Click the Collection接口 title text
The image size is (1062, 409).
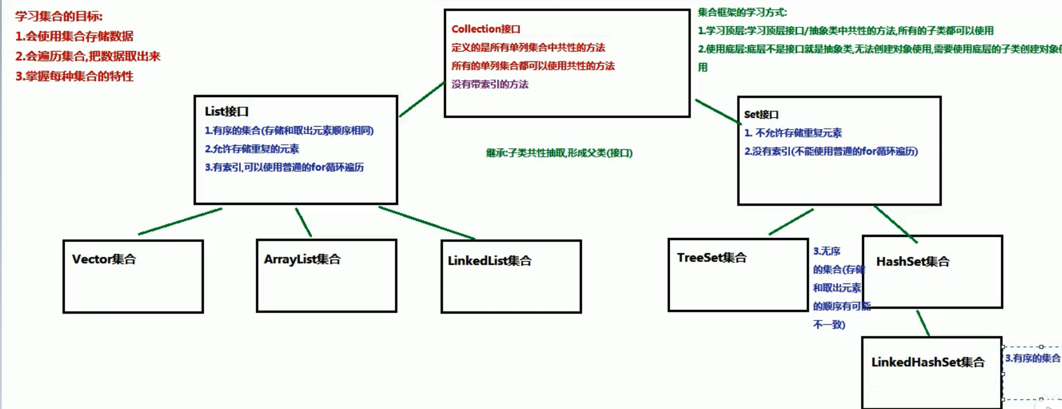click(x=486, y=29)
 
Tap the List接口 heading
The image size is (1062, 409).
click(x=227, y=112)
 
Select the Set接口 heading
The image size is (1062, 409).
click(x=761, y=115)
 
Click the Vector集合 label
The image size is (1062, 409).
click(x=104, y=260)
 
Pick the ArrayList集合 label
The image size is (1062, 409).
click(x=302, y=260)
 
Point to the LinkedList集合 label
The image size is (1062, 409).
click(x=490, y=261)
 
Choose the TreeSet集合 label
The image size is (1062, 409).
click(x=712, y=258)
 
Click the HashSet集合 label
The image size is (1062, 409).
click(x=913, y=262)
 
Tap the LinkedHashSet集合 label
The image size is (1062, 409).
click(x=928, y=362)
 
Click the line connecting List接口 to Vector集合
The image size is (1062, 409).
click(x=180, y=222)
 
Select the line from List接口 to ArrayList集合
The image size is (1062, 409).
click(x=303, y=222)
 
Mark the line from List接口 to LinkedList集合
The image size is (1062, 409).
click(x=427, y=223)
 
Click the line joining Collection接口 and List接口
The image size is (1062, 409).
click(x=422, y=99)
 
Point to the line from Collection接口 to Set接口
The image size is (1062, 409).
click(x=717, y=111)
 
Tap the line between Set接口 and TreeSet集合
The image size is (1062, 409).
click(x=791, y=222)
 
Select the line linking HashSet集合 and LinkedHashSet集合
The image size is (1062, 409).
click(x=923, y=323)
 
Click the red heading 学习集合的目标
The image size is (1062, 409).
click(x=59, y=16)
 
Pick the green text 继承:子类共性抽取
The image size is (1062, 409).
click(x=559, y=153)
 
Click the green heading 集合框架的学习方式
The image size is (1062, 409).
click(x=742, y=12)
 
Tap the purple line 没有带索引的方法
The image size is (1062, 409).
click(x=490, y=85)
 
